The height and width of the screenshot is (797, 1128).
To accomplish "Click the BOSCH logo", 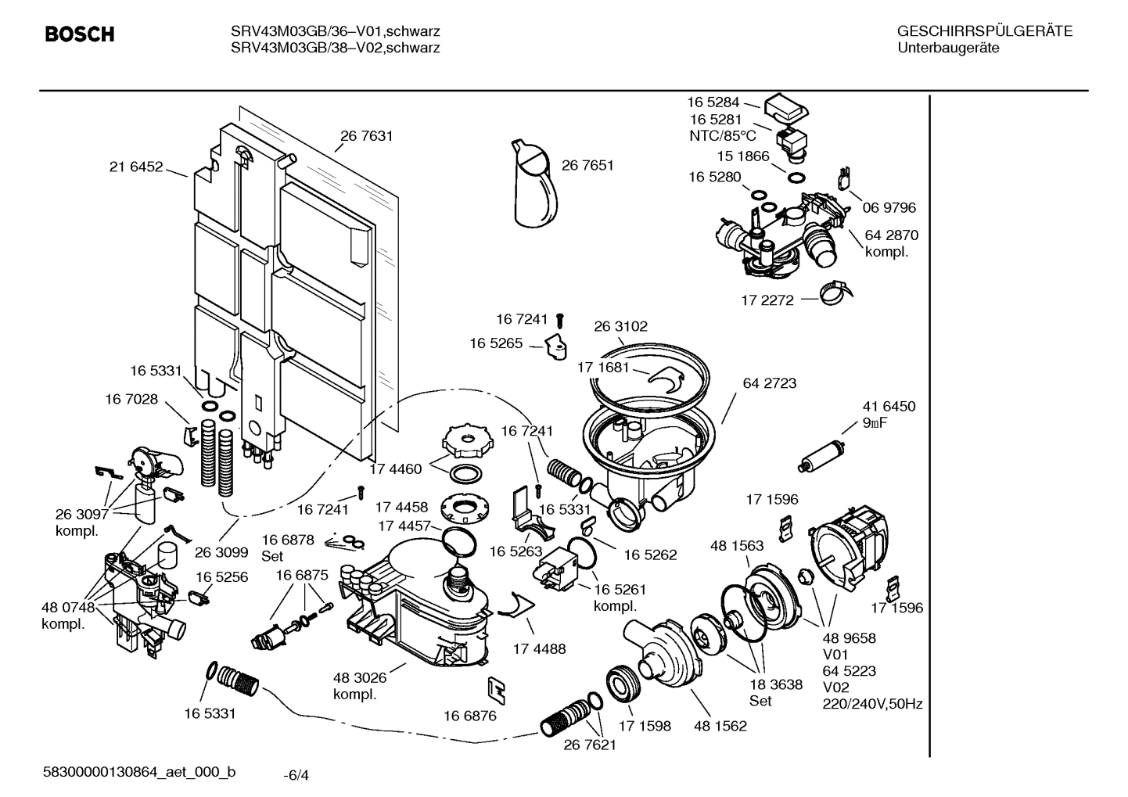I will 79,35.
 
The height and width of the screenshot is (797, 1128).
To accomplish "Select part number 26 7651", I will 587,165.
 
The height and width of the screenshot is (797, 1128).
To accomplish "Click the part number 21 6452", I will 136,167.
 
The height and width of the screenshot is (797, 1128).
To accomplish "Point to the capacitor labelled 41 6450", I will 817,457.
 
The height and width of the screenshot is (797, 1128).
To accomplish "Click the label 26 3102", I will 620,326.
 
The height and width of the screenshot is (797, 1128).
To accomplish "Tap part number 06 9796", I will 889,208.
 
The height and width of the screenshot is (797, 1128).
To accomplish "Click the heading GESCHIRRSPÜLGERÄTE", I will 984,32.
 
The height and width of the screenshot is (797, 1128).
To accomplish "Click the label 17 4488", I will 539,648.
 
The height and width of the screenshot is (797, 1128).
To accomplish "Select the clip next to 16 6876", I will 496,688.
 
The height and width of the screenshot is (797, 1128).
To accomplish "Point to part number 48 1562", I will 720,726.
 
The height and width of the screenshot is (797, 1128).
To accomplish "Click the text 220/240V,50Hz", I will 872,704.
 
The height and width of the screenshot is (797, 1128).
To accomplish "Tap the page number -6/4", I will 296,775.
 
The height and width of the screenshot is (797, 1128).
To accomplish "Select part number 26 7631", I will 366,136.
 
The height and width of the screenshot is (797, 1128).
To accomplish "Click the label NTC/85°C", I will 723,135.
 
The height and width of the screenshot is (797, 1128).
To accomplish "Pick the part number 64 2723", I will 770,383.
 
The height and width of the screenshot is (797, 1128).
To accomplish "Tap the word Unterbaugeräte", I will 948,48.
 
